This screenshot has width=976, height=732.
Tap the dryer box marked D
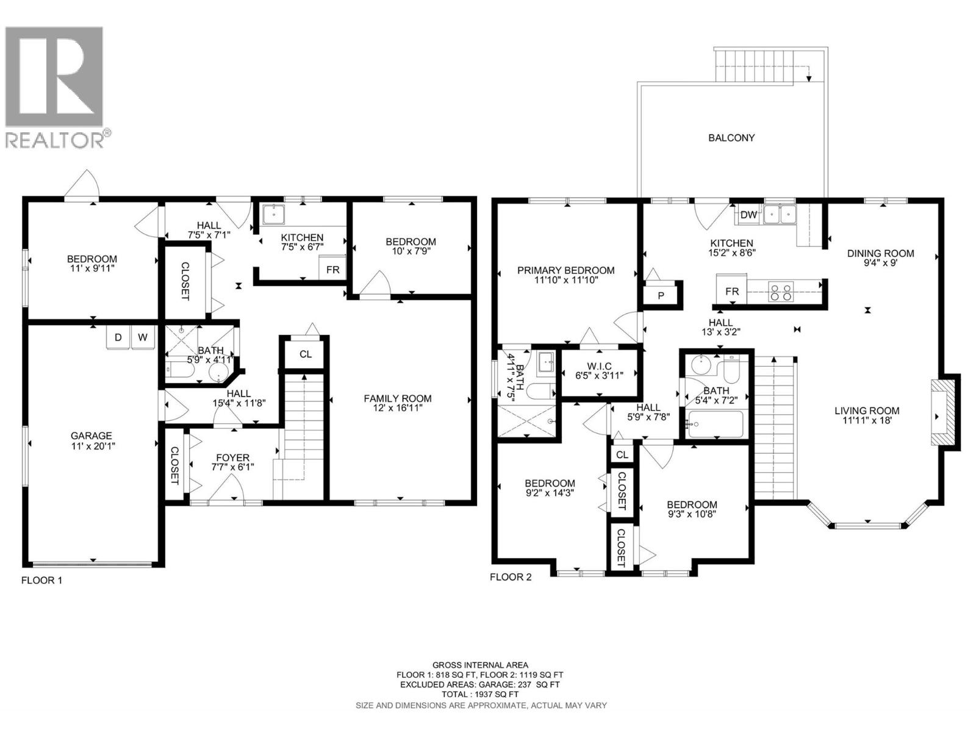(x=118, y=337)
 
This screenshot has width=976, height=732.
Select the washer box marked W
(x=143, y=337)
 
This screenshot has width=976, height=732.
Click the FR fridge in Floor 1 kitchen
(x=333, y=269)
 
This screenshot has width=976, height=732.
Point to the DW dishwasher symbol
(x=748, y=215)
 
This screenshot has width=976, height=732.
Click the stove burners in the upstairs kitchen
(x=781, y=292)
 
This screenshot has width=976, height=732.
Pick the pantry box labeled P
(x=661, y=295)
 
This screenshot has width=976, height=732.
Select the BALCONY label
(x=731, y=138)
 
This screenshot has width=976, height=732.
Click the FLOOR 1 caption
(x=41, y=580)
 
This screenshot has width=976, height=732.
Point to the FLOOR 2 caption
(x=511, y=576)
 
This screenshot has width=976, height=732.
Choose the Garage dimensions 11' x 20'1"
(x=91, y=446)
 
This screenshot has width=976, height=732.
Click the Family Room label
(x=397, y=398)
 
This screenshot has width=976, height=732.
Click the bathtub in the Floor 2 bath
(x=715, y=424)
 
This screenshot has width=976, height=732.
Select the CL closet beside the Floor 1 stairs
(x=306, y=354)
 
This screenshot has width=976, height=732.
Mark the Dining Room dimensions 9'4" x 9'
(x=880, y=264)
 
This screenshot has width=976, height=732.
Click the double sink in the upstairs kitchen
(x=781, y=213)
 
